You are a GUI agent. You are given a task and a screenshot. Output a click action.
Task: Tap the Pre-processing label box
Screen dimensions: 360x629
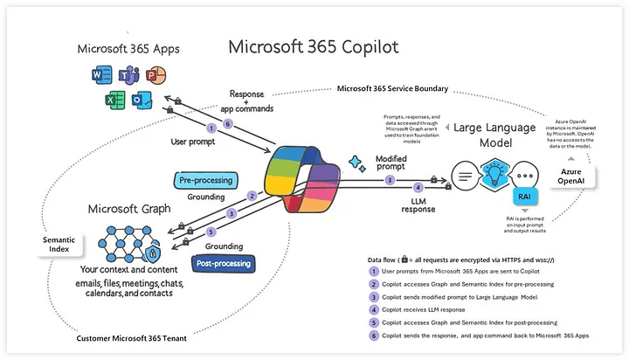(206, 180)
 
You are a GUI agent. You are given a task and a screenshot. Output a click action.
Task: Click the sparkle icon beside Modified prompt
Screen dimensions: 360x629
(356, 161)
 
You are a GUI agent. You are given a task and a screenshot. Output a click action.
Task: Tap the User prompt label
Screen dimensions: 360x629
(194, 141)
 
